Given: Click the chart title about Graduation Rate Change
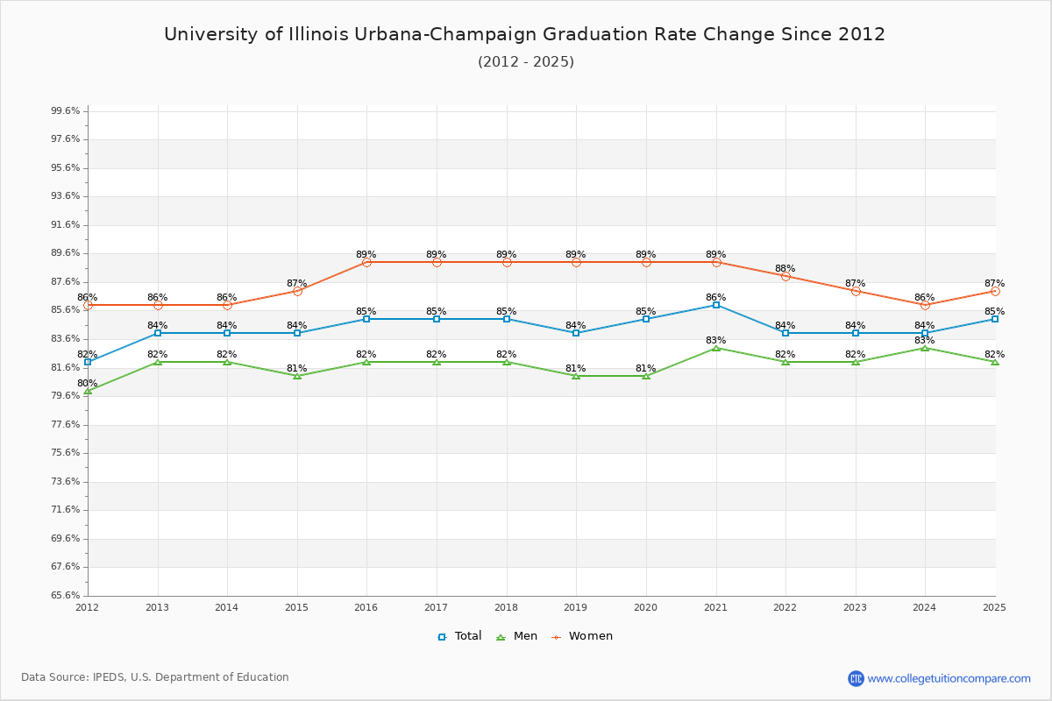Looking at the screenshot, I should [524, 34].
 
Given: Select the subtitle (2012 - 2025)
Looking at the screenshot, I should [525, 62].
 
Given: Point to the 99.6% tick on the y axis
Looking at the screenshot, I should [66, 111].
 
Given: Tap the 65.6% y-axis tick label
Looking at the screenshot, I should [66, 596].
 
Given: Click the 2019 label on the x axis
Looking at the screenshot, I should [576, 607].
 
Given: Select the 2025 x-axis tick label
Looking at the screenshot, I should [994, 607].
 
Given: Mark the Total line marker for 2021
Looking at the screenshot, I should [716, 305].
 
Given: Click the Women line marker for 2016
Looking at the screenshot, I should [366, 262].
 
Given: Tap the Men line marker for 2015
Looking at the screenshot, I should [297, 376].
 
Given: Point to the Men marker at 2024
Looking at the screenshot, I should [925, 348].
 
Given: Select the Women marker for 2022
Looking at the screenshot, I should [785, 276].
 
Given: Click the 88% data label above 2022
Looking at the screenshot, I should [785, 269].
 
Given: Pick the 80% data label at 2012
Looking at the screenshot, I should [88, 384].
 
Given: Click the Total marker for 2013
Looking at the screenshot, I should [158, 333].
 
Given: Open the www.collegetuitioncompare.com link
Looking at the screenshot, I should [949, 678].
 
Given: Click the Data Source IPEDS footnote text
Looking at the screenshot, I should [155, 677].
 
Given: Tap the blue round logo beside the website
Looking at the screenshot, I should [856, 678].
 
